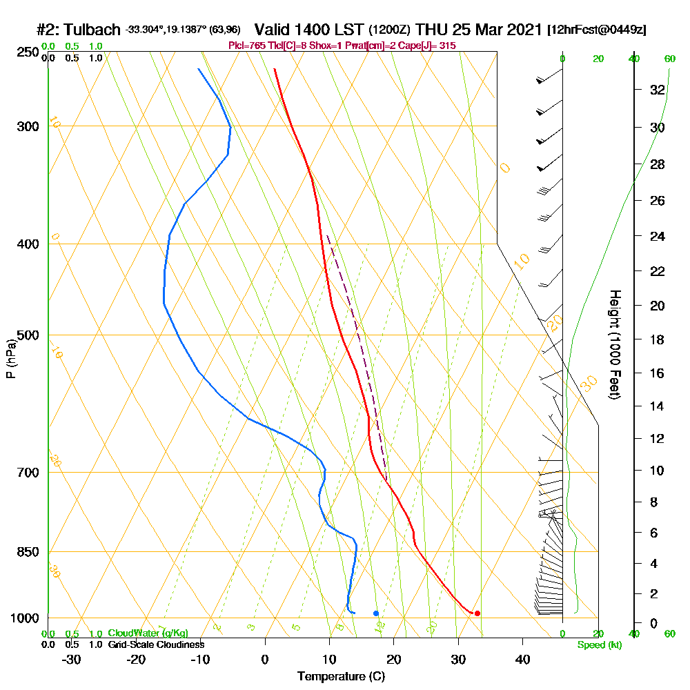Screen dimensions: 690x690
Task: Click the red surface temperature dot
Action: pyautogui.click(x=477, y=613)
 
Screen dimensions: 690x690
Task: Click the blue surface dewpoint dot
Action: pyautogui.click(x=375, y=613)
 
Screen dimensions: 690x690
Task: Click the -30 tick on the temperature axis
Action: pyautogui.click(x=72, y=660)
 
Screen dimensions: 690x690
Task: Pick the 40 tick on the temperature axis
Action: pyautogui.click(x=522, y=660)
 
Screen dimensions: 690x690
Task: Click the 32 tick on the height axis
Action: pyautogui.click(x=658, y=90)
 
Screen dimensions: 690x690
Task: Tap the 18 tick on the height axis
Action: pyautogui.click(x=658, y=339)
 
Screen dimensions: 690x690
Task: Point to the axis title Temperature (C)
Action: pyautogui.click(x=342, y=677)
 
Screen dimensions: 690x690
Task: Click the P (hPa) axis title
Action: pyautogui.click(x=10, y=359)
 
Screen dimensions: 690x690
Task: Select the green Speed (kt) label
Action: pyautogui.click(x=600, y=644)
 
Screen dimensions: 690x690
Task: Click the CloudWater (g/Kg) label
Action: pyautogui.click(x=148, y=633)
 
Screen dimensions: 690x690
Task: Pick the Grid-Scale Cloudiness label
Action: pyautogui.click(x=155, y=644)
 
